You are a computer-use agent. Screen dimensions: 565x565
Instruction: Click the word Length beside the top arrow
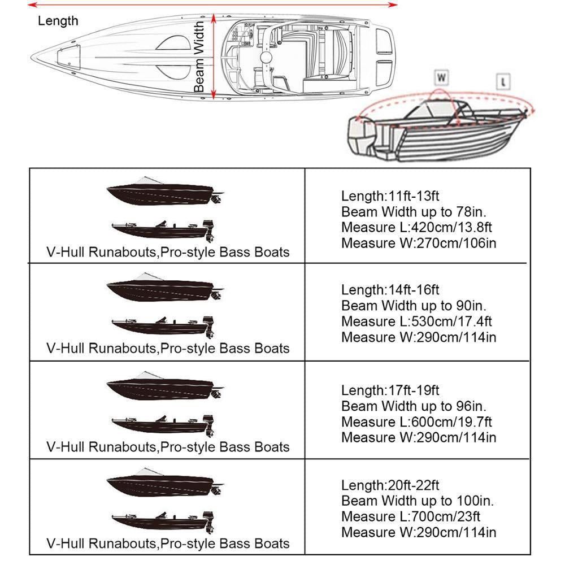click(58, 21)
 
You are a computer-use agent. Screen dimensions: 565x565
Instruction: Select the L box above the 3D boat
click(503, 81)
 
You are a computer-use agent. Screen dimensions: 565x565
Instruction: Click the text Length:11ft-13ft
click(390, 196)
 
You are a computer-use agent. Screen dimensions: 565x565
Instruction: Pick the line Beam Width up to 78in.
click(415, 212)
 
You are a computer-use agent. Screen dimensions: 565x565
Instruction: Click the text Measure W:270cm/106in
click(419, 243)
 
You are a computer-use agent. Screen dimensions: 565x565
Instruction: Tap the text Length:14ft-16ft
click(390, 290)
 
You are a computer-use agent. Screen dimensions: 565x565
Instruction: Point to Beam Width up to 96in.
click(415, 406)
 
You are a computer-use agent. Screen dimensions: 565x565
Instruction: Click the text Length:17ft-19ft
click(390, 390)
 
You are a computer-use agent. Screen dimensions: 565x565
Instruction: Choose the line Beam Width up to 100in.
click(418, 501)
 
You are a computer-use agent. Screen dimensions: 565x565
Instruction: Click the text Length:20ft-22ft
click(390, 485)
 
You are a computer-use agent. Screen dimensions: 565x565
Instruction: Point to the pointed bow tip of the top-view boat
click(34, 56)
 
